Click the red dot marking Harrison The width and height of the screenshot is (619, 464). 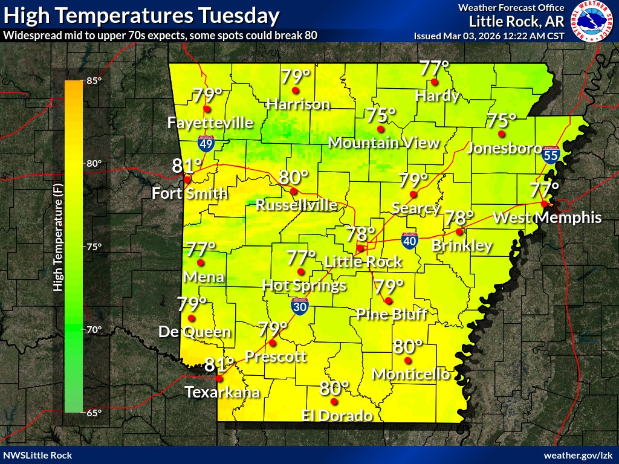tap(296, 91)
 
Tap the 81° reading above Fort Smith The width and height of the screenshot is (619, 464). tap(187, 166)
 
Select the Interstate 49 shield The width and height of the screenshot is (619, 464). tap(206, 143)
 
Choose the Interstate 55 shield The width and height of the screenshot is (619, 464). tap(550, 155)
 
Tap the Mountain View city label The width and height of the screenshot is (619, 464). tap(383, 143)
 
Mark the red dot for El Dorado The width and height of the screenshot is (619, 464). tap(334, 401)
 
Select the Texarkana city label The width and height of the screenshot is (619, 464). tap(222, 392)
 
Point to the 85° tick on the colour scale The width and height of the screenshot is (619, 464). tap(92, 81)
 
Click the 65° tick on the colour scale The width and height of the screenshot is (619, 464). tap(92, 413)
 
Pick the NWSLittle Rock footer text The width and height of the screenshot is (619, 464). tap(37, 455)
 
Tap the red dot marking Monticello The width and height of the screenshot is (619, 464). tap(407, 361)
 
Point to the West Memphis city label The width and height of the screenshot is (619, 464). tap(548, 217)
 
